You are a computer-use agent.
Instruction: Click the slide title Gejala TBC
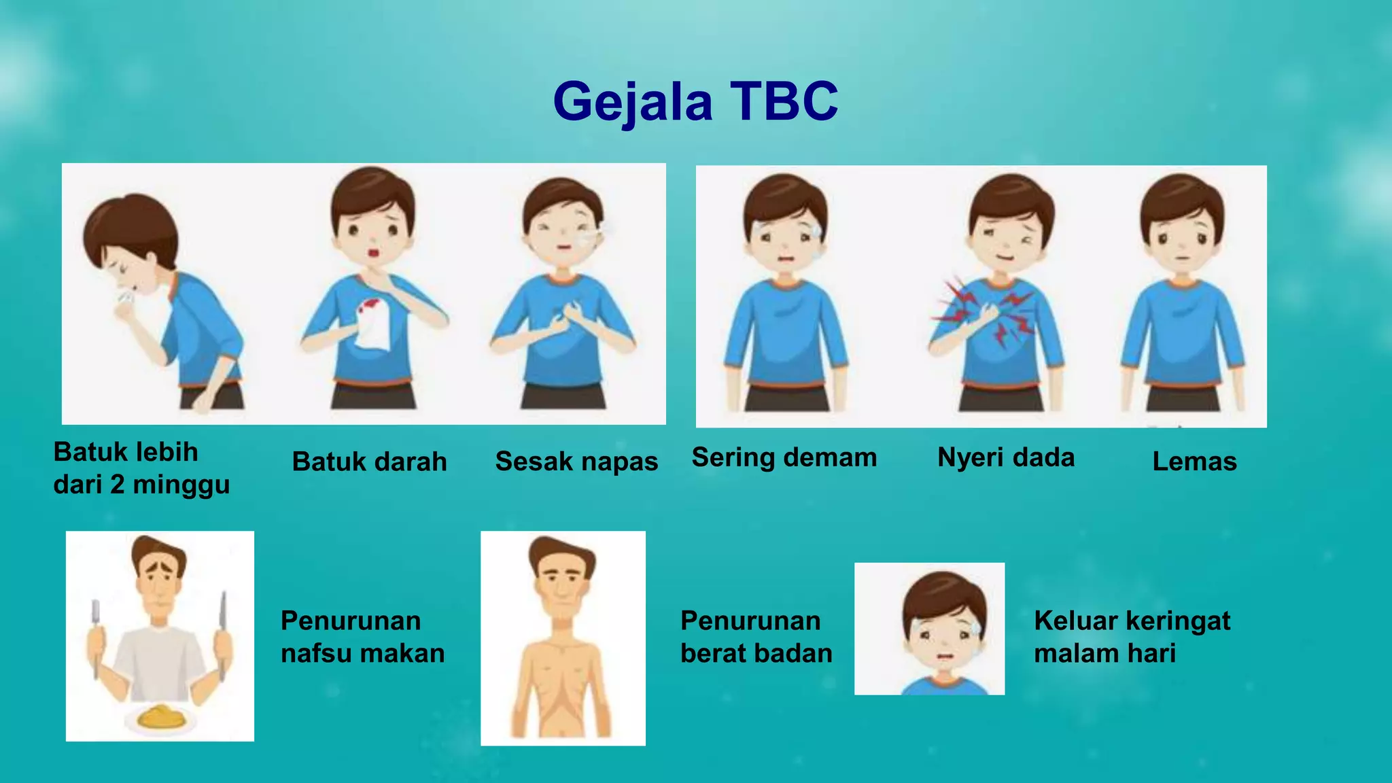pos(695,102)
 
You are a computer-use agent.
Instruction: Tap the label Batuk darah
pos(369,462)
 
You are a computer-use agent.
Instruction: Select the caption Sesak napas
pos(576,462)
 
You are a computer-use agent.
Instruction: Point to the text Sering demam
pos(784,457)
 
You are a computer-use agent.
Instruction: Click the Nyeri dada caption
pos(1006,457)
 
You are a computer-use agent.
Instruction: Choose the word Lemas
pos(1194,462)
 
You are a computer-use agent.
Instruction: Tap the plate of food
pos(161,716)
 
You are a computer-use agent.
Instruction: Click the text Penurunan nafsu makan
pos(362,637)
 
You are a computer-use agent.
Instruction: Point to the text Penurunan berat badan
pos(756,637)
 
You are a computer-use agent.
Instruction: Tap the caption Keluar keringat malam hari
pos(1132,637)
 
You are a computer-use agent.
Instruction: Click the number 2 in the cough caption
pos(117,485)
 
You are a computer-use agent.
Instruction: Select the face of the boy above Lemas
pos(1183,234)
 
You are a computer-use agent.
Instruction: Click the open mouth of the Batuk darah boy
pos(373,254)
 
